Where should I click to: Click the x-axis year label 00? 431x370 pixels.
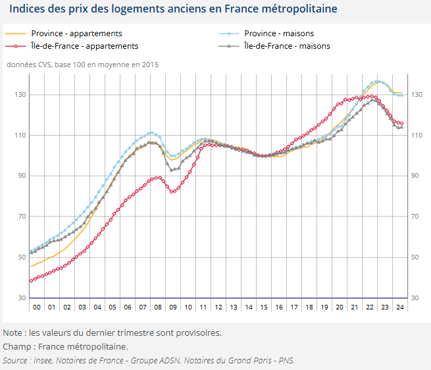(38, 307)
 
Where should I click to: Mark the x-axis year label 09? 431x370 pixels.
(173, 307)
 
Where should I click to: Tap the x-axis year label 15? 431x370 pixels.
(264, 307)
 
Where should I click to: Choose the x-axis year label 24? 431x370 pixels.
(399, 307)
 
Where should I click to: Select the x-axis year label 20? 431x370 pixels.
(340, 307)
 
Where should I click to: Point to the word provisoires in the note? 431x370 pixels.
(198, 333)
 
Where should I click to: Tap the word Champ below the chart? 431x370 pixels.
(16, 346)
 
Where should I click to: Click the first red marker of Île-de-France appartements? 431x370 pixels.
(31, 280)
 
